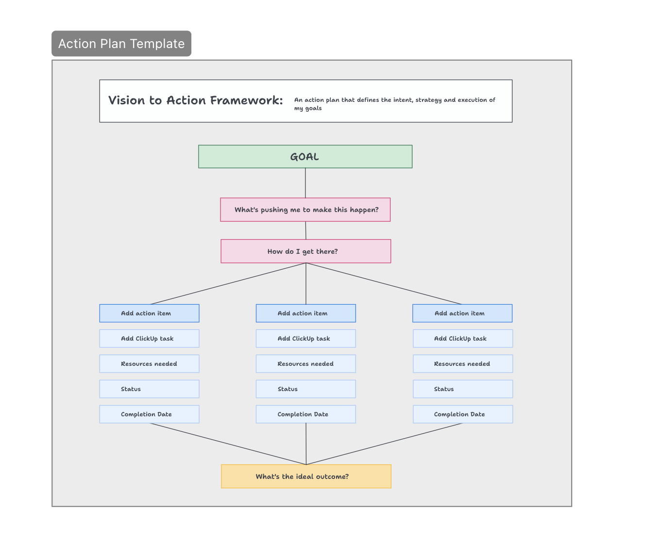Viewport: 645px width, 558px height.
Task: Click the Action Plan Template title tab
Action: coord(121,44)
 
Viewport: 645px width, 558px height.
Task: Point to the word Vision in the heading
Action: coord(126,100)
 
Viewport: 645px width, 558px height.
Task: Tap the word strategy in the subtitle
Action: coord(428,100)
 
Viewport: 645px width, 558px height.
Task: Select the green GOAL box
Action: coord(305,157)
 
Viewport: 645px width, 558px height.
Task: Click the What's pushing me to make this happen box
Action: coord(305,210)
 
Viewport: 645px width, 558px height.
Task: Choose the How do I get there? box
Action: coord(306,251)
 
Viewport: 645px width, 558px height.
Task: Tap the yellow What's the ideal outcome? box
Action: coord(306,476)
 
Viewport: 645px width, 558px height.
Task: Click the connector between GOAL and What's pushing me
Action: coord(306,183)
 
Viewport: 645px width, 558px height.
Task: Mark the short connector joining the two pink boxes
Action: coord(306,230)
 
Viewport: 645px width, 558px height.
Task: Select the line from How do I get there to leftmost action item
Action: coord(228,284)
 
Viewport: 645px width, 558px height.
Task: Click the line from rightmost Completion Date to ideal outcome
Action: coord(384,444)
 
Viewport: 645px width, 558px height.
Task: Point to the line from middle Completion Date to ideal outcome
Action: coord(306,444)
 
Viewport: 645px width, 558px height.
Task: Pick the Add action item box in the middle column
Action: coord(306,313)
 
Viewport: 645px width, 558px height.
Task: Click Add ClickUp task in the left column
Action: coord(149,339)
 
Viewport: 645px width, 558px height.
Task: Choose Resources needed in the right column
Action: coord(462,364)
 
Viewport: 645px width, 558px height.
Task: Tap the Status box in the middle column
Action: coord(306,389)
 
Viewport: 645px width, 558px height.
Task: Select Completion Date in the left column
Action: coord(149,414)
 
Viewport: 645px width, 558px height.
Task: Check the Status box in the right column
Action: coord(462,389)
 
